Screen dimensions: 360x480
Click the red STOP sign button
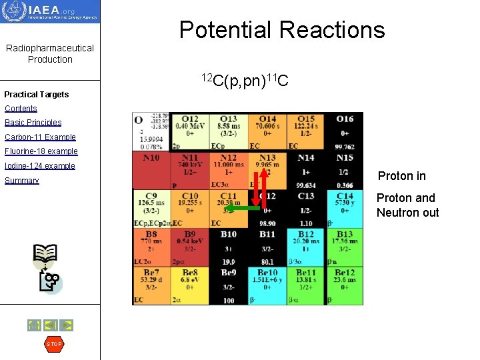coord(53,344)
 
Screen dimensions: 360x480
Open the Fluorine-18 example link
coord(41,151)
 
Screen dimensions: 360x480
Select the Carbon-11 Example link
coord(40,137)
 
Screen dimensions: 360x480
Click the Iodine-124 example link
coord(40,166)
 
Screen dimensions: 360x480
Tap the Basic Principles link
coord(33,123)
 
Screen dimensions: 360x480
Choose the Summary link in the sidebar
coord(22,181)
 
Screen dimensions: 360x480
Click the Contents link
coord(21,108)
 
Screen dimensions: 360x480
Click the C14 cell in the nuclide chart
coord(345,209)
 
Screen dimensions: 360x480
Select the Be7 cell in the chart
coord(151,285)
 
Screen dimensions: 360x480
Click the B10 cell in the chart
coord(229,247)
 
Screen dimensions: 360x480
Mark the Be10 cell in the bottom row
coord(267,285)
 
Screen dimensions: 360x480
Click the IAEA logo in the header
coord(50,11)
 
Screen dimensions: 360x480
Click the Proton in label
coord(401,176)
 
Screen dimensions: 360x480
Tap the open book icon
coord(46,254)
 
